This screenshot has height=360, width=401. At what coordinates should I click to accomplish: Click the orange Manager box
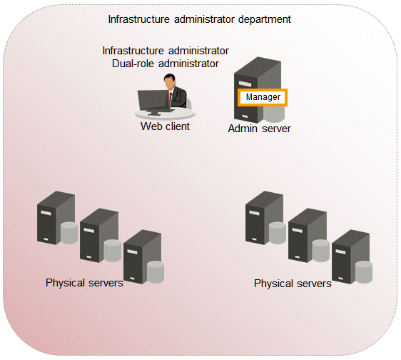coord(263,97)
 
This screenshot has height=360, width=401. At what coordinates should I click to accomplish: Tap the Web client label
coord(165,126)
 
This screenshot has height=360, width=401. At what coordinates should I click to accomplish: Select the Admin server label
coord(259,129)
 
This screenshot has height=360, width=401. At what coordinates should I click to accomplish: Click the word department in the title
coord(265,20)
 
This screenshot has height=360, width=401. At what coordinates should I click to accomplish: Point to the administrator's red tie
coord(171,96)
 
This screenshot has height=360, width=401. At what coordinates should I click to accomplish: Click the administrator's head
coord(170,81)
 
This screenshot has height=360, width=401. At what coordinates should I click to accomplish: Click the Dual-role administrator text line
coord(166,64)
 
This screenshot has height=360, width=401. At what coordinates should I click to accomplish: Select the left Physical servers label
coord(84,283)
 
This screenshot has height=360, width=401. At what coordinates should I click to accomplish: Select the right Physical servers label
coord(293,284)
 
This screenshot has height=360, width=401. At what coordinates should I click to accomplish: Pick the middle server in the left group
coord(99,235)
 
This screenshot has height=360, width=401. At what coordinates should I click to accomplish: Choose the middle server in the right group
coord(308,235)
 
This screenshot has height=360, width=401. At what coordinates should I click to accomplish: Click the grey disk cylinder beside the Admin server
coord(274,114)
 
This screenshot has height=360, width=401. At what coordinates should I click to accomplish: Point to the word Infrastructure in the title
coord(139,20)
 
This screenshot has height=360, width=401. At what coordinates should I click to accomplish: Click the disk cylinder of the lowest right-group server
coord(364,272)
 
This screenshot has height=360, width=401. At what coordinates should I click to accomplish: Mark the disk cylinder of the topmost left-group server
coord(69,233)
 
